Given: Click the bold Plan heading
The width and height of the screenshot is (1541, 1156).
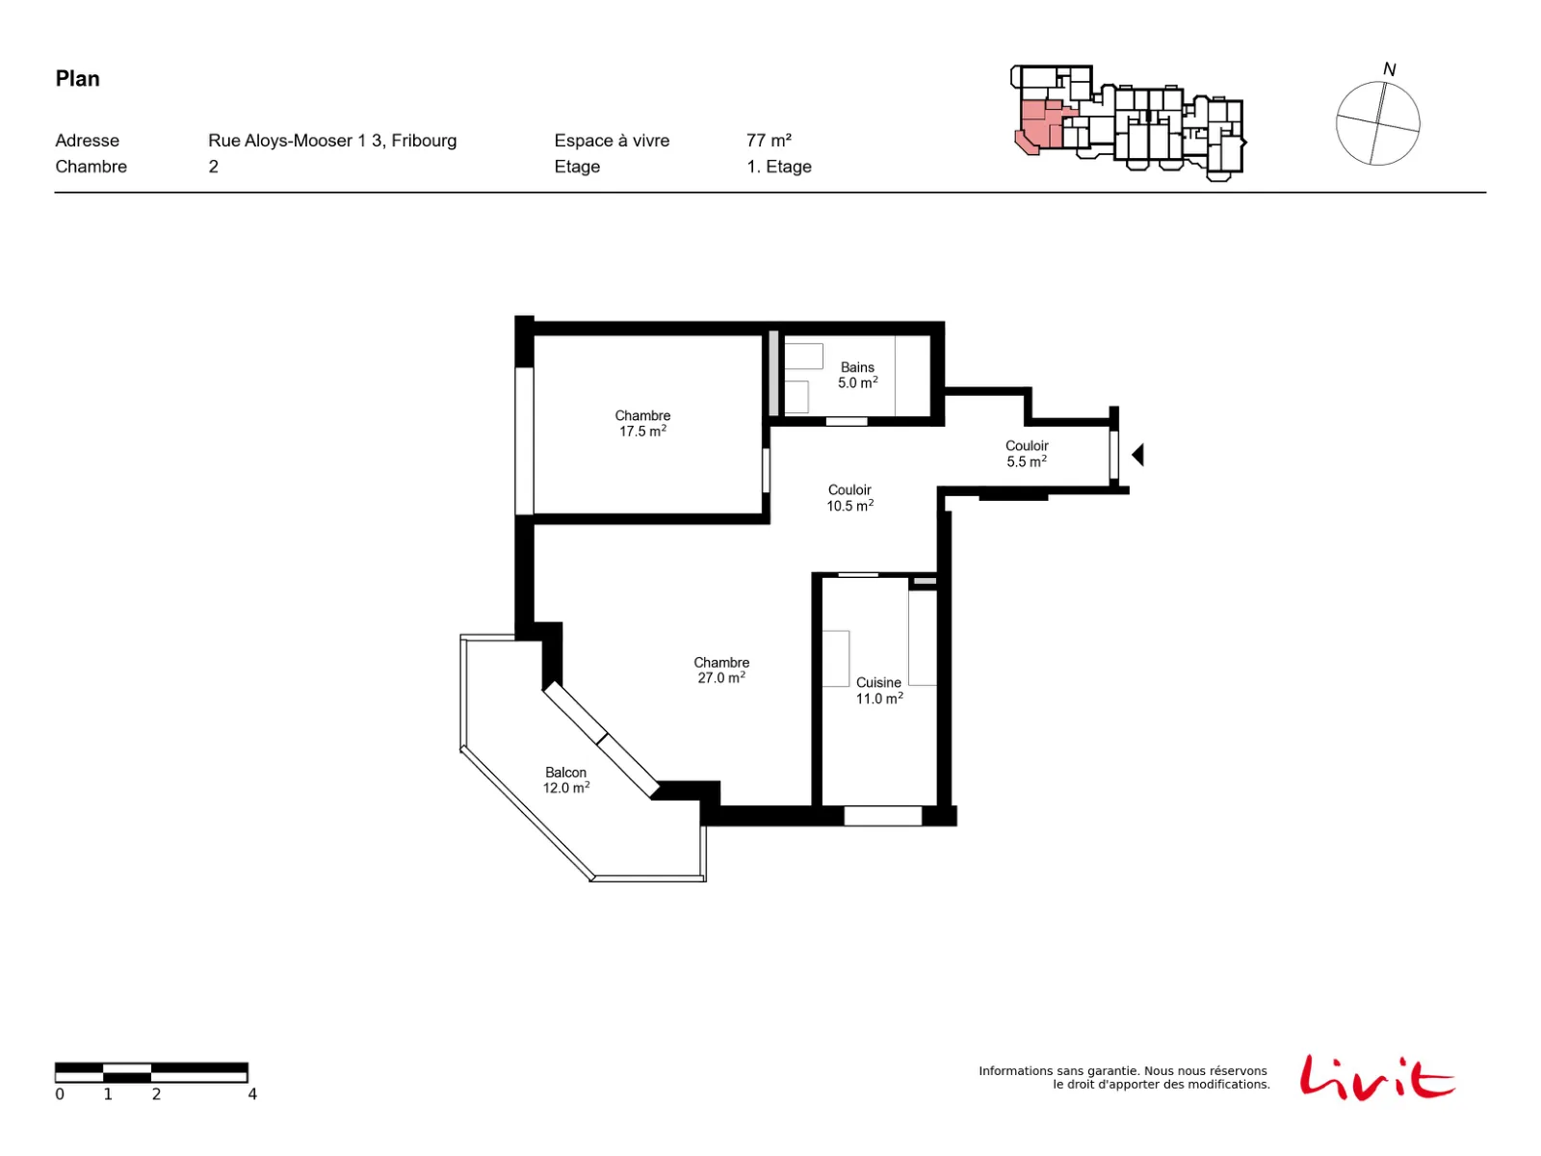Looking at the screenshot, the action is pyautogui.click(x=77, y=79).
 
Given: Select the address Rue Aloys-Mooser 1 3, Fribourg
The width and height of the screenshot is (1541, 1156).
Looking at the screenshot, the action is pyautogui.click(x=332, y=141).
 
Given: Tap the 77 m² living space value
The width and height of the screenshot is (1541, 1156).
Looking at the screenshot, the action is pyautogui.click(x=769, y=141).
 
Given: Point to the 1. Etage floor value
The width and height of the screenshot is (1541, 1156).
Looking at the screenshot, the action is pyautogui.click(x=778, y=167).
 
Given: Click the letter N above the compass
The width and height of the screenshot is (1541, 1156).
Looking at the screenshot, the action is pyautogui.click(x=1389, y=69).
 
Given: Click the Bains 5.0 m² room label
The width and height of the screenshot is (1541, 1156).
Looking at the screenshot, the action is pyautogui.click(x=857, y=376).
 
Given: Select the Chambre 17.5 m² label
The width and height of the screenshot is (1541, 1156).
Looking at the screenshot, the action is pyautogui.click(x=642, y=424).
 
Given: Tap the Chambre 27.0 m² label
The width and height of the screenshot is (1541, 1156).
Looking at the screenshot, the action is pyautogui.click(x=721, y=670).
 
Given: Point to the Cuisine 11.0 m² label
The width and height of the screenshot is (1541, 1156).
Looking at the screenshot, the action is pyautogui.click(x=879, y=691).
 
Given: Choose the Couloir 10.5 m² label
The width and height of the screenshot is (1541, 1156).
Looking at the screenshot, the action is pyautogui.click(x=849, y=498).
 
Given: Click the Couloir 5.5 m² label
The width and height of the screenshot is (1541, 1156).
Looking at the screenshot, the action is pyautogui.click(x=1027, y=454).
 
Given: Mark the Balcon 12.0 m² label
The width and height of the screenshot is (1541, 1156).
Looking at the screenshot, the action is pyautogui.click(x=566, y=780).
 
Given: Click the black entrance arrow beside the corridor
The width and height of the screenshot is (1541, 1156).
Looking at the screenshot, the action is pyautogui.click(x=1138, y=456).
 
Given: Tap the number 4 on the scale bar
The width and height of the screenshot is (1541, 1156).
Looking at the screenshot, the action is pyautogui.click(x=252, y=1094).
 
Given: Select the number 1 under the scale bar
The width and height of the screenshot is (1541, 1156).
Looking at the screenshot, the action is pyautogui.click(x=108, y=1094).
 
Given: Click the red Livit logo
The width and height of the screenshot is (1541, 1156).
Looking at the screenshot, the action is pyautogui.click(x=1376, y=1077).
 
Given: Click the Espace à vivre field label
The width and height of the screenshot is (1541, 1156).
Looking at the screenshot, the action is pyautogui.click(x=612, y=141).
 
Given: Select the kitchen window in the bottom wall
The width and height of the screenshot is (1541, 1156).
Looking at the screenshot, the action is pyautogui.click(x=882, y=816).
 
